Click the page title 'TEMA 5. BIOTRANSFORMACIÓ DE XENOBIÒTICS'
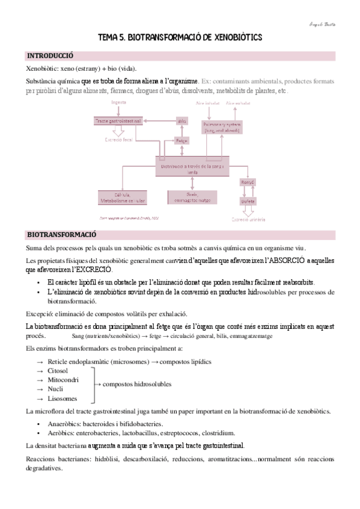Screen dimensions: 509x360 (x=180, y=37)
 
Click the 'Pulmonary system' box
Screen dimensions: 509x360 (x=222, y=127)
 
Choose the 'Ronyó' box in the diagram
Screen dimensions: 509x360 (x=248, y=182)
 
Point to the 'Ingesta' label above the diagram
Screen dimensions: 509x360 (x=118, y=103)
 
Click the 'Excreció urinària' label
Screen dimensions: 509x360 (x=248, y=220)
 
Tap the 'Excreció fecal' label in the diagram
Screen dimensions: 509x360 (x=118, y=140)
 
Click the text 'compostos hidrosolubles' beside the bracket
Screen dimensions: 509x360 (x=137, y=384)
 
